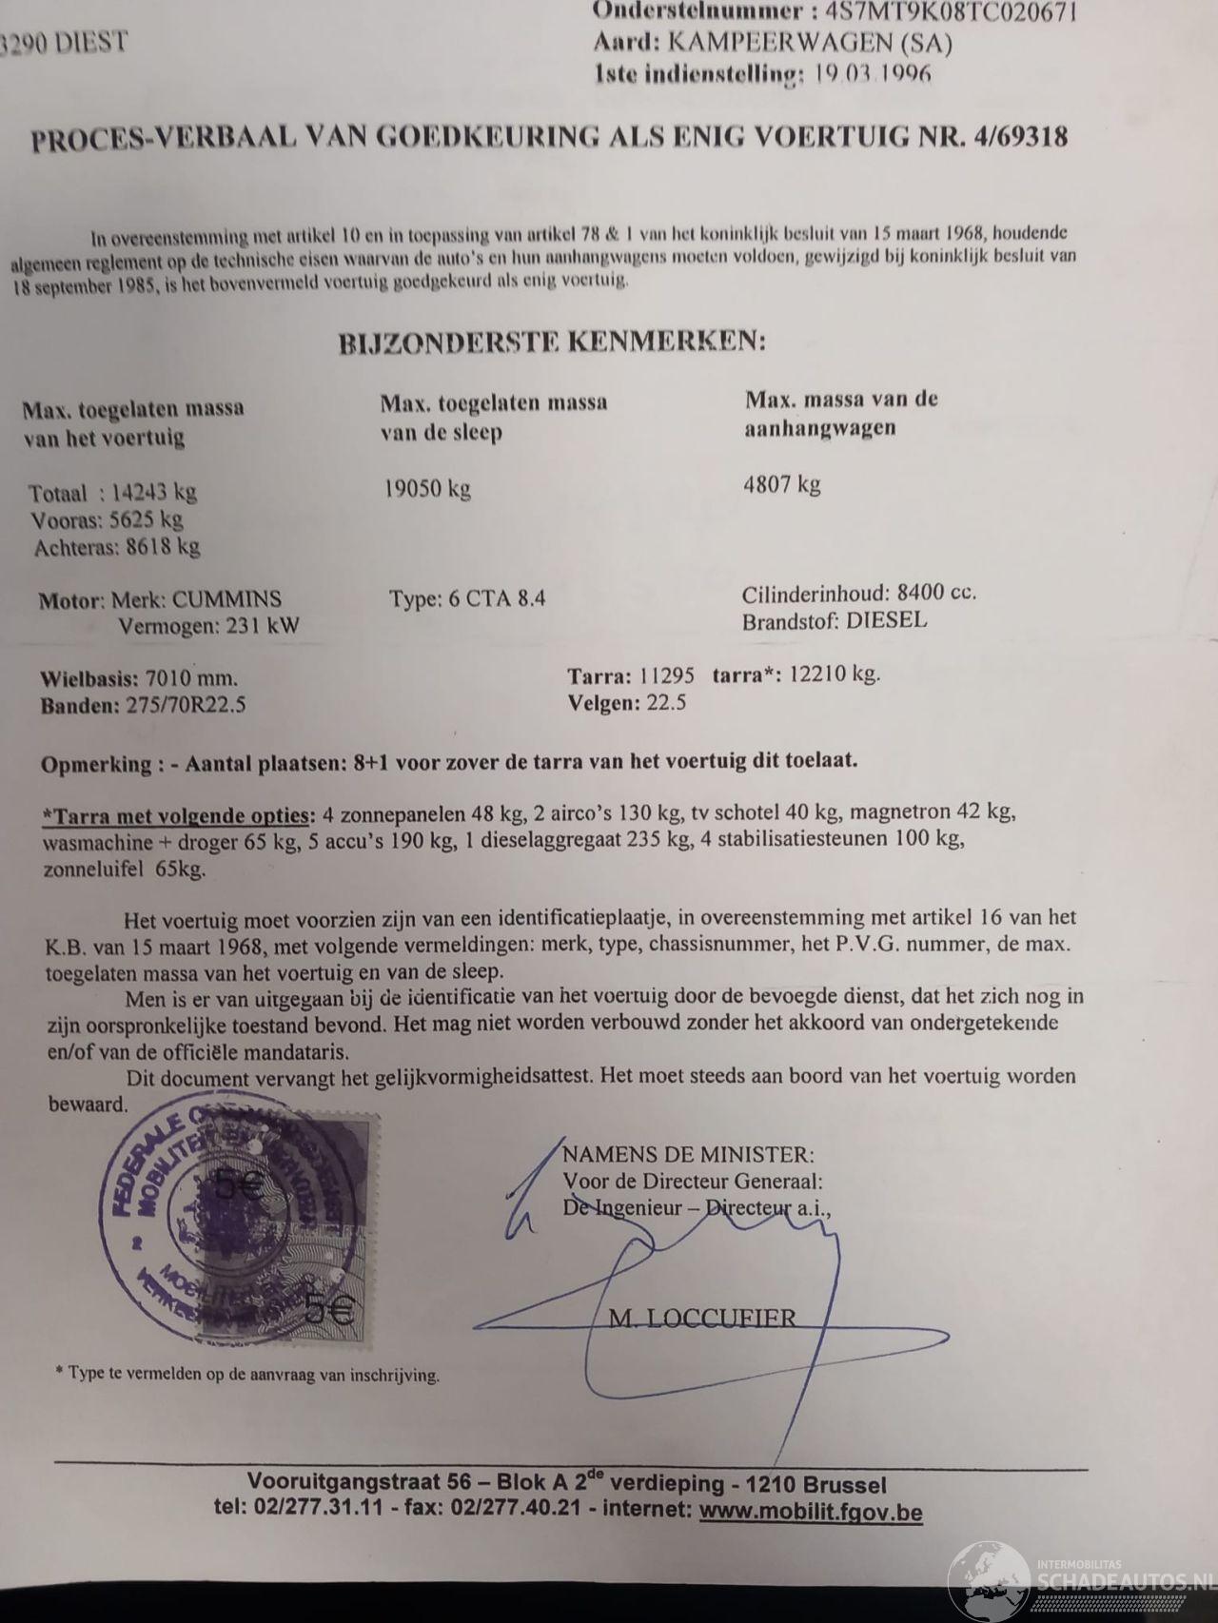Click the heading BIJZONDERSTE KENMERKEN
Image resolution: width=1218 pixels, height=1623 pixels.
[x=552, y=343]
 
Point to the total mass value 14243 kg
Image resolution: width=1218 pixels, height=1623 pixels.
[x=152, y=493]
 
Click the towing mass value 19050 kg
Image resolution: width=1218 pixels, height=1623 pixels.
[x=427, y=489]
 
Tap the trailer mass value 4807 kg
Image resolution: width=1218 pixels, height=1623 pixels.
[x=781, y=484]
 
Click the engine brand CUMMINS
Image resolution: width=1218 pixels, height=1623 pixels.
[x=228, y=600]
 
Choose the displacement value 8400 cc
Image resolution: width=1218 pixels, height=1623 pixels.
[x=936, y=593]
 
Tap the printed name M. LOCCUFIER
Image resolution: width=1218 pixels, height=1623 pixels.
[x=701, y=1318]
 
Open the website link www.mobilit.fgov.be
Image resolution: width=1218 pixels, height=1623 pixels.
[x=810, y=1512]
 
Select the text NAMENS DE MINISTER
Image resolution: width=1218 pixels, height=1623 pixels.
[x=688, y=1155]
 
